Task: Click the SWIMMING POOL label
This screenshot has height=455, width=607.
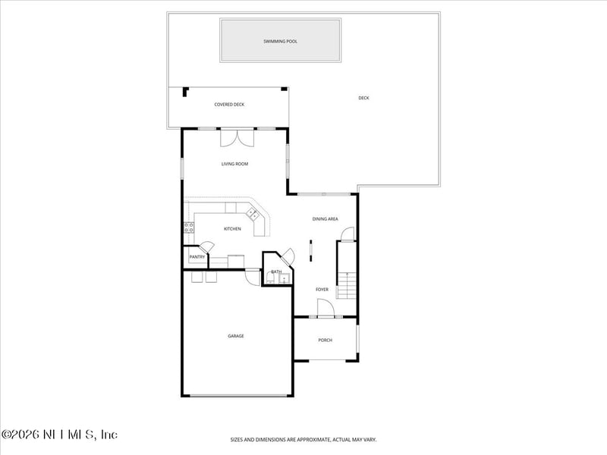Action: pos(280,41)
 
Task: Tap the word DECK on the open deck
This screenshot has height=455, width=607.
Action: pos(363,98)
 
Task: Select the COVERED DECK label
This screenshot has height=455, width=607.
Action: pos(229,105)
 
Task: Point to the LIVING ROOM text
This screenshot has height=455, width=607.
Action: pos(234,164)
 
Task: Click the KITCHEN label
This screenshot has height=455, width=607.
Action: pos(232,229)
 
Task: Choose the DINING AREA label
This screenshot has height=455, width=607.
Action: pos(325,219)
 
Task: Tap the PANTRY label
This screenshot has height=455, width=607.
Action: pos(197,258)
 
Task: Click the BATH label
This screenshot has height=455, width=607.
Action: pos(276,271)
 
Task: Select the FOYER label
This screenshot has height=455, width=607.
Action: pos(322,289)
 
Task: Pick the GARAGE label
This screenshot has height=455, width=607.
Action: pos(236,336)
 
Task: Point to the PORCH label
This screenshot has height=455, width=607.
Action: pos(325,340)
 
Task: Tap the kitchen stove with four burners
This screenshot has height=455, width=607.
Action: pos(188,227)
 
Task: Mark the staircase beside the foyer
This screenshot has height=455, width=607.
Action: pos(346,285)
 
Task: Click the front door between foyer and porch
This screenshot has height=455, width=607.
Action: pos(324,309)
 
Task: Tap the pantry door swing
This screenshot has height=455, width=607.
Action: pos(206,246)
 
